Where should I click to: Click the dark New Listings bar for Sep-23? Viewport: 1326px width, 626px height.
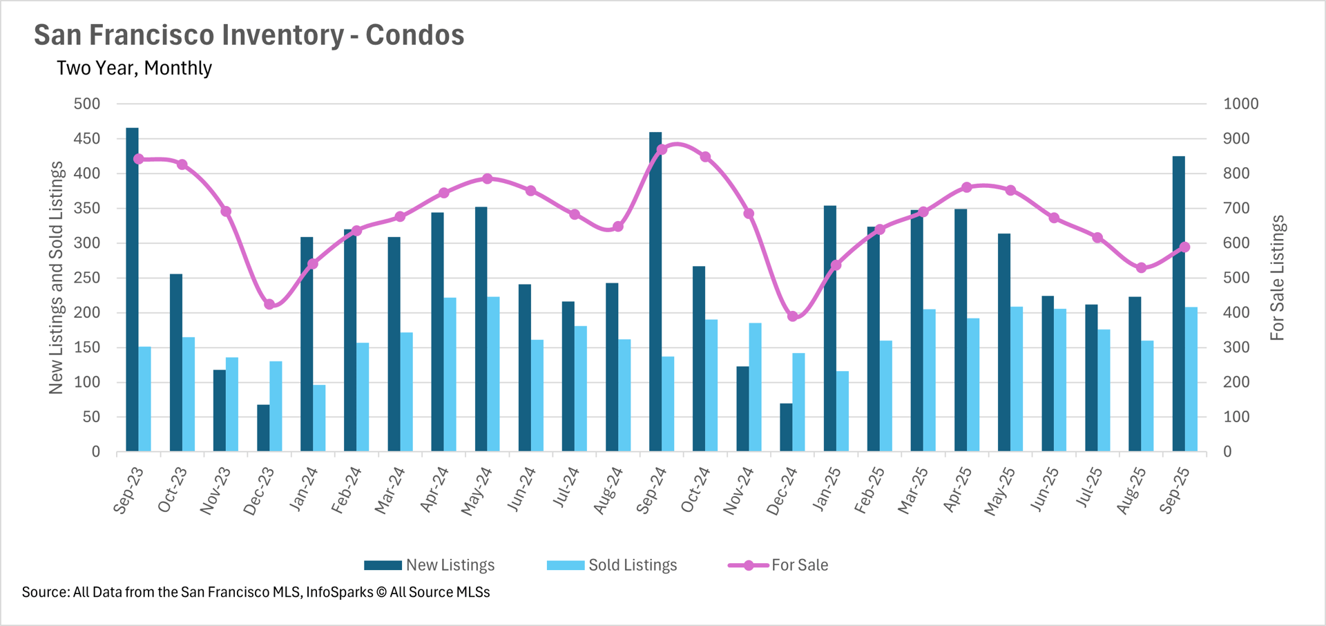click(x=132, y=290)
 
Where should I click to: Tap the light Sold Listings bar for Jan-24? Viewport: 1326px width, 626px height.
click(x=319, y=418)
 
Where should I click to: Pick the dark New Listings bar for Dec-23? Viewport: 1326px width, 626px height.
click(x=263, y=428)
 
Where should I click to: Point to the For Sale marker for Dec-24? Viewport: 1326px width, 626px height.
click(x=793, y=316)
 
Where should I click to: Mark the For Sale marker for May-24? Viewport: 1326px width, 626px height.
click(x=488, y=179)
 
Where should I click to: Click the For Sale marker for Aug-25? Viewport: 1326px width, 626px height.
click(x=1141, y=268)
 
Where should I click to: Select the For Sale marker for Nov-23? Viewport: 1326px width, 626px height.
click(x=226, y=211)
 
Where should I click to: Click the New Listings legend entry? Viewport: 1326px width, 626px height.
click(x=430, y=565)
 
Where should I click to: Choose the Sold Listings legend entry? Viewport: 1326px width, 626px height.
click(x=612, y=565)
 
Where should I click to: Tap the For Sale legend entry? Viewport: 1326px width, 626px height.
click(x=778, y=565)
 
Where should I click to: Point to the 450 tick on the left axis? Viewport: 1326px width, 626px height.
click(x=87, y=139)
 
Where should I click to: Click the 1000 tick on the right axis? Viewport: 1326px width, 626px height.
click(x=1240, y=104)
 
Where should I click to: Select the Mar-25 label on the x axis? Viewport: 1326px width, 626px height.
click(x=913, y=491)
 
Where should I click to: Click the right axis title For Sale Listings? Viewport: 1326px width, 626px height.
click(x=1277, y=278)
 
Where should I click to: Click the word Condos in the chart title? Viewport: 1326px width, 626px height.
click(x=414, y=35)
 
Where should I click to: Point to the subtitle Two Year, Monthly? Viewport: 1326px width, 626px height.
click(x=134, y=68)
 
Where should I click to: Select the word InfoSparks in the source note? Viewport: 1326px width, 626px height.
click(x=339, y=592)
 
